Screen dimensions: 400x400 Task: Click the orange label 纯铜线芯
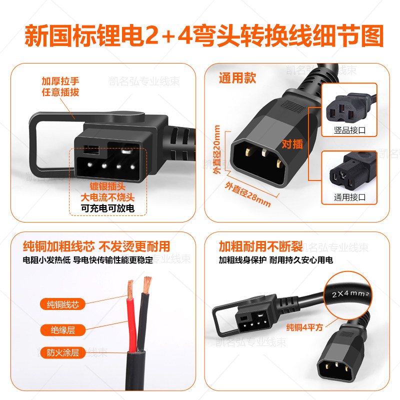(63, 304)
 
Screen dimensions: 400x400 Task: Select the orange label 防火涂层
(63, 352)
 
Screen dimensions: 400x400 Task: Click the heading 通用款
(237, 78)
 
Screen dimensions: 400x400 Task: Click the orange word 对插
(292, 144)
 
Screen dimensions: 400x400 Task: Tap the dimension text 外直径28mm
(247, 188)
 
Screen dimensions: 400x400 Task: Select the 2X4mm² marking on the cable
(348, 294)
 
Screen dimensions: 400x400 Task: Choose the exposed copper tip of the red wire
(131, 286)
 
